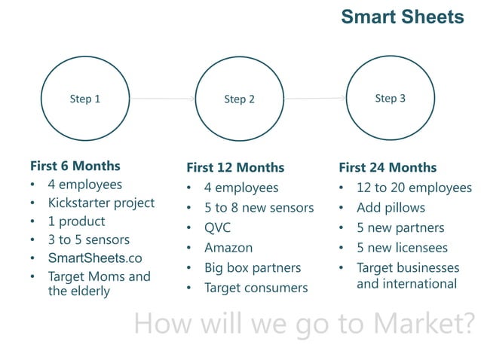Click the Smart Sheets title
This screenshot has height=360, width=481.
tap(402, 17)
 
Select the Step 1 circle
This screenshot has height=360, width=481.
tap(84, 99)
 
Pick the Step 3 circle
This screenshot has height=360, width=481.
tap(390, 98)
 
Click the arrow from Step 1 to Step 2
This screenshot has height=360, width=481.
tap(161, 99)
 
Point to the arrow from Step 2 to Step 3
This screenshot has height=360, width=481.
tap(314, 98)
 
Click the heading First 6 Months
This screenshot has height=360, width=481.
tap(75, 166)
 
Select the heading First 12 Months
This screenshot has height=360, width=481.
tap(234, 167)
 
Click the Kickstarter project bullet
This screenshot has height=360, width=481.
tap(101, 203)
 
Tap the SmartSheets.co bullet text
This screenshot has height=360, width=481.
tap(95, 258)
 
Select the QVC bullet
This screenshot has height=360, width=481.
tap(217, 227)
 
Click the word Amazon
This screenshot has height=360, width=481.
tap(228, 247)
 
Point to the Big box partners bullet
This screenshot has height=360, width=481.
tap(252, 267)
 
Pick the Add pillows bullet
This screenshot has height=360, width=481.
tap(391, 207)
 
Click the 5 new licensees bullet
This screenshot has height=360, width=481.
tap(402, 248)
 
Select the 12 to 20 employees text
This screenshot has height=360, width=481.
tap(414, 188)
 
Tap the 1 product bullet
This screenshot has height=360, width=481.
tap(76, 221)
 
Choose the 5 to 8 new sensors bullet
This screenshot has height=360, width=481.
tap(259, 207)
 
